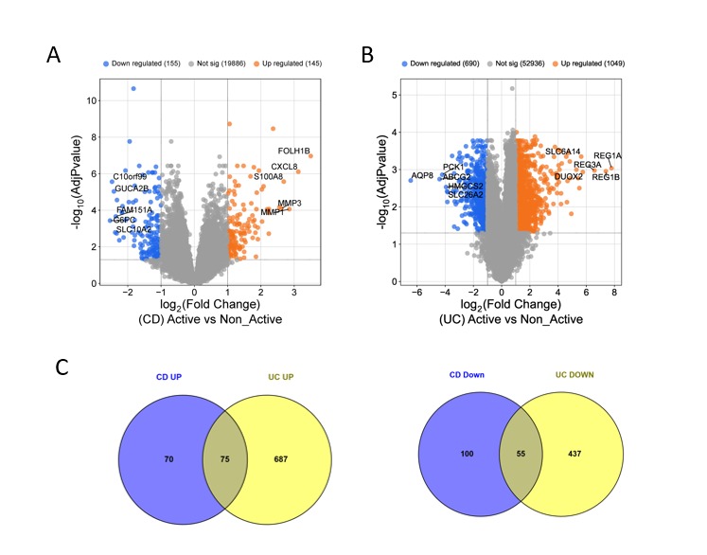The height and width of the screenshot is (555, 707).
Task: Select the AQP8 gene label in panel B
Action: pyautogui.click(x=421, y=175)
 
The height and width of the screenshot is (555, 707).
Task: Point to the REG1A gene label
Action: pyautogui.click(x=607, y=155)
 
